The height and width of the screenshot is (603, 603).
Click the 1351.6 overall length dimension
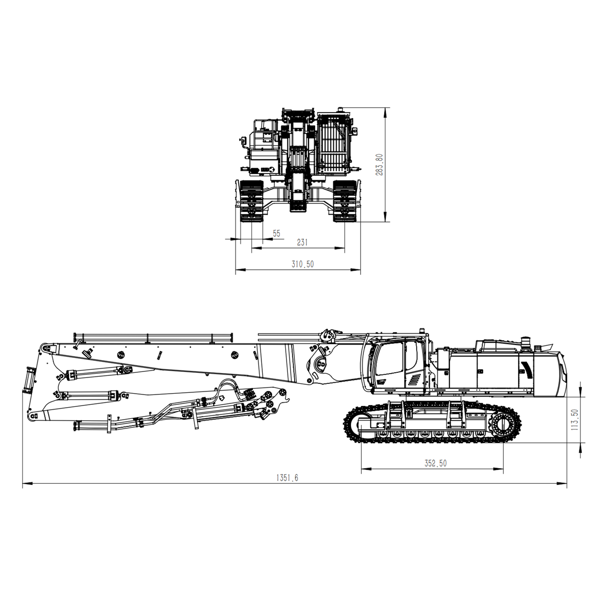pos(287,478)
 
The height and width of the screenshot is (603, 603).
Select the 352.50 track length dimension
pos(435,463)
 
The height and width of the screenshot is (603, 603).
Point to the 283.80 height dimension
pos(379,164)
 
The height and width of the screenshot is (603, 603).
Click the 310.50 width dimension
pos(303,264)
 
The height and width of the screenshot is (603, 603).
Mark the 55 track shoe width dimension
pos(277,234)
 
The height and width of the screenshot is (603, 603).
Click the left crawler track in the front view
pos(251,201)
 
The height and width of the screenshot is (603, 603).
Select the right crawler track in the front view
pos(344,201)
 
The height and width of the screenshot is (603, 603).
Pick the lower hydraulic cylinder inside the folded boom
pos(90,395)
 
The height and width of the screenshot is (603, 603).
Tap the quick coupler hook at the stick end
pos(287,401)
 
